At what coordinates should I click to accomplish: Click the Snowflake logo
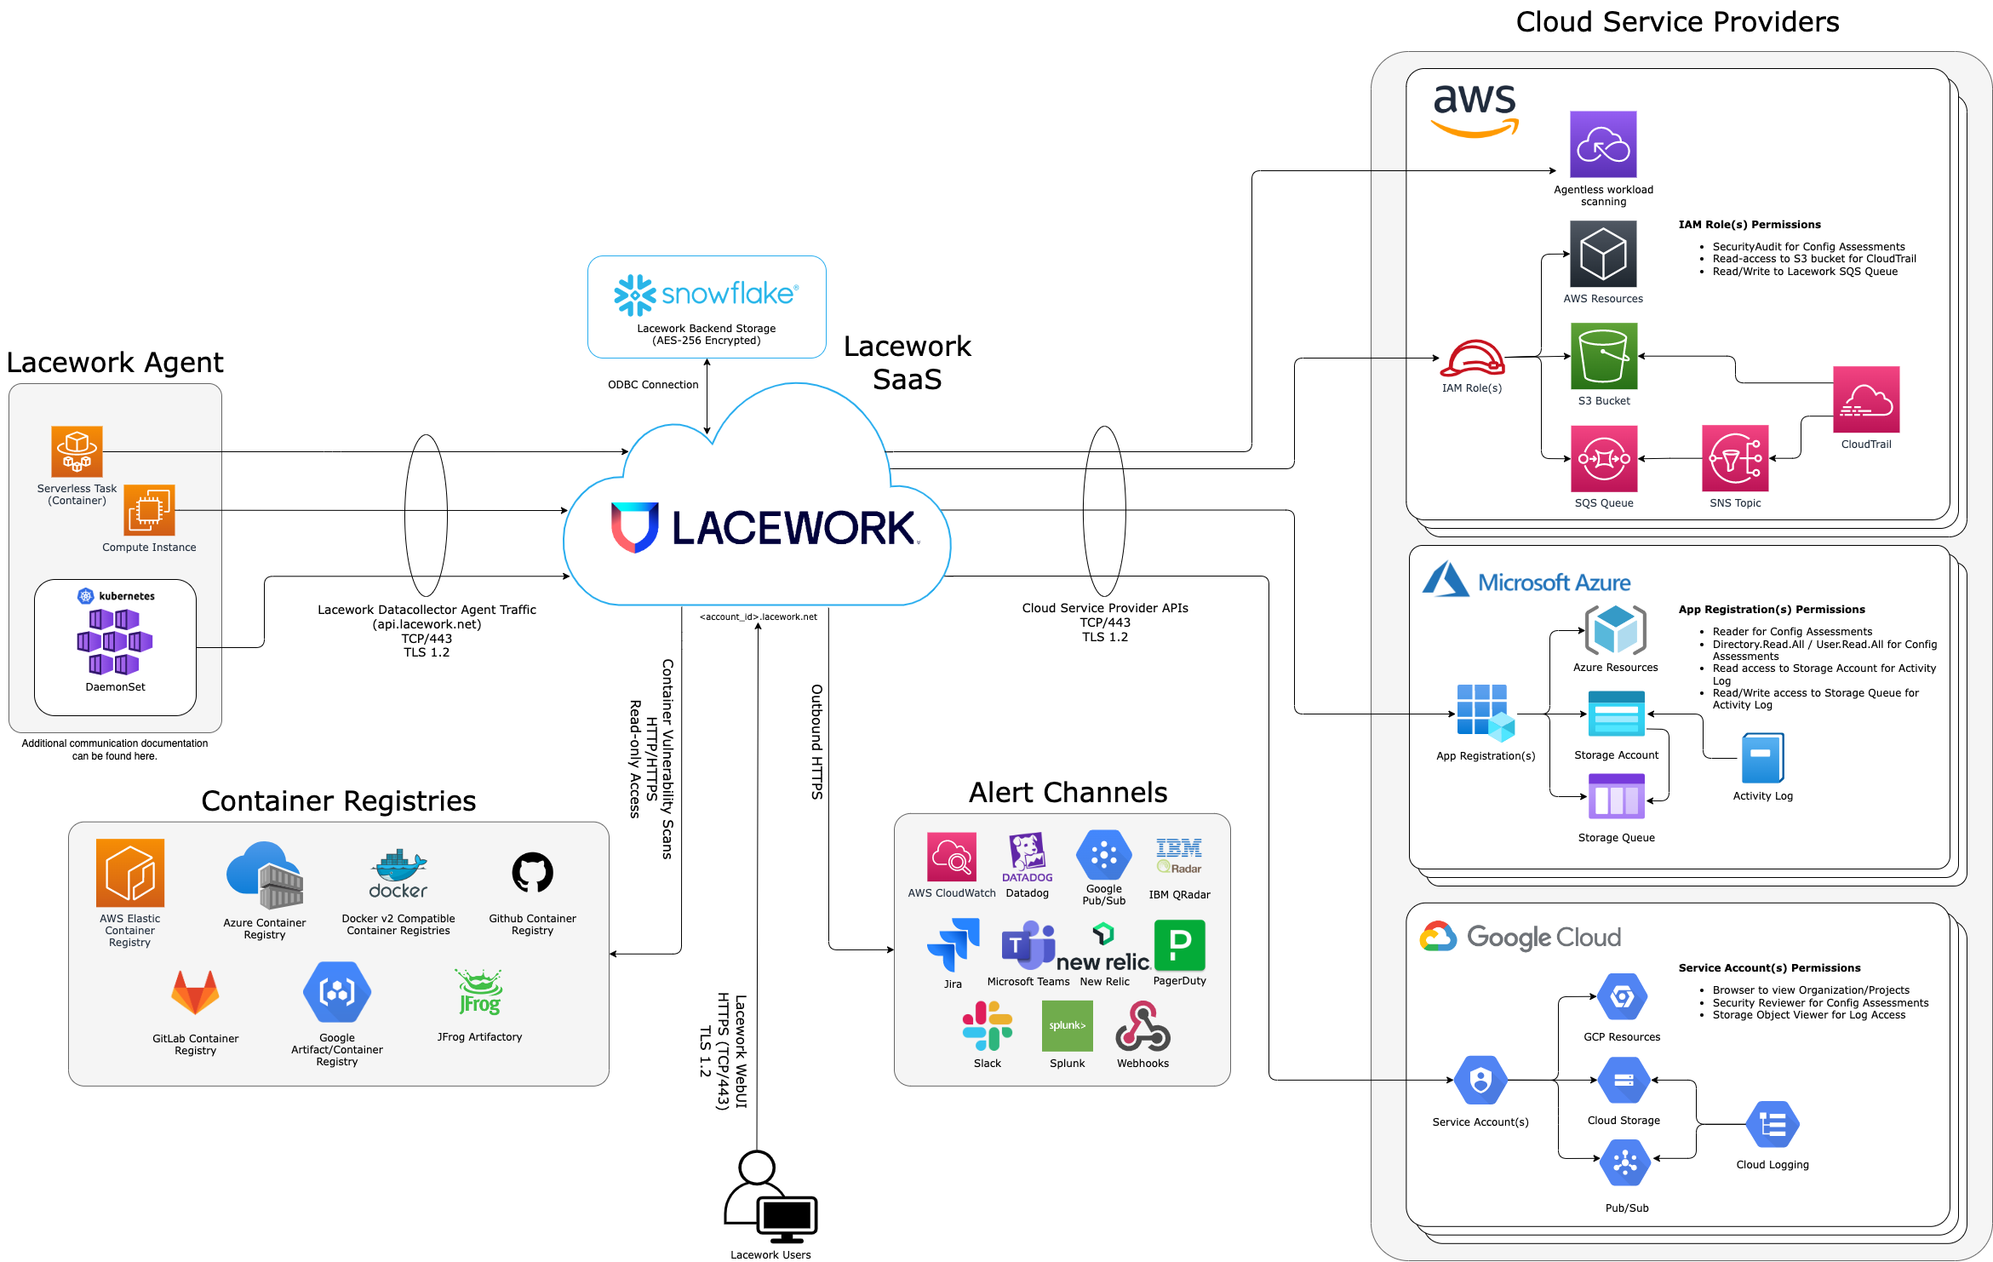click(x=706, y=294)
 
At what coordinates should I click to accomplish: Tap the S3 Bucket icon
click(x=1603, y=356)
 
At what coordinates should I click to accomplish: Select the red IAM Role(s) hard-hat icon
click(x=1472, y=359)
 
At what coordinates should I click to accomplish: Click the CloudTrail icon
click(x=1865, y=399)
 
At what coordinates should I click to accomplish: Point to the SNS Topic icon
click(x=1734, y=458)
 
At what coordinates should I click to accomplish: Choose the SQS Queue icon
click(x=1603, y=458)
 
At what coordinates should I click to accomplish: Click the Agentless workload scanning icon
click(x=1602, y=144)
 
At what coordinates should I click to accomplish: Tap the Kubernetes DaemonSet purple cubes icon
click(x=115, y=641)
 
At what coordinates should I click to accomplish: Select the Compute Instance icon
click(x=149, y=510)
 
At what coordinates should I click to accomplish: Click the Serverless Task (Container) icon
click(x=77, y=451)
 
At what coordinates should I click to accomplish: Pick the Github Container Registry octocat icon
click(x=532, y=873)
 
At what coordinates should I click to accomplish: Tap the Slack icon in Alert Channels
click(x=987, y=1025)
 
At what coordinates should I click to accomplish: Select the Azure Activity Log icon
click(x=1762, y=758)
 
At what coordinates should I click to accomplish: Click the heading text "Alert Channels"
click(x=1068, y=793)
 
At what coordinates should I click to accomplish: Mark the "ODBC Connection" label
click(x=653, y=385)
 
